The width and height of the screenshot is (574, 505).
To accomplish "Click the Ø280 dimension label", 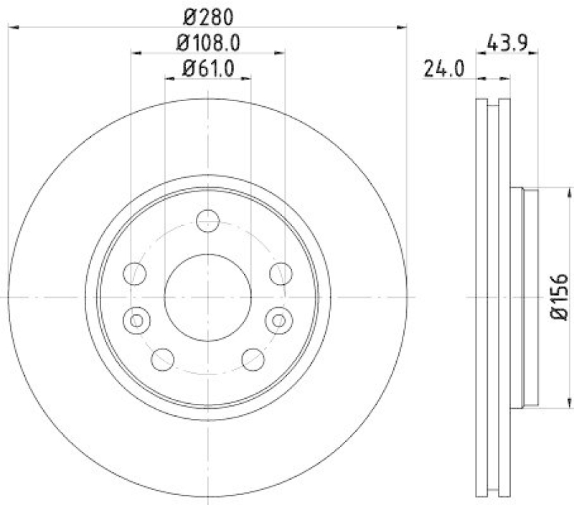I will click(x=207, y=15).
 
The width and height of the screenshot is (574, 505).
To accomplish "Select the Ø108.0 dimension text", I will click(x=207, y=42).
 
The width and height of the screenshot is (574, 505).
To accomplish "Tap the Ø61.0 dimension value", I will click(x=207, y=69).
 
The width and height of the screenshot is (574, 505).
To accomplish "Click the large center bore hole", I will click(x=207, y=296).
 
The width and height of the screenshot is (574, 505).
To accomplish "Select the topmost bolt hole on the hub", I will click(x=207, y=220).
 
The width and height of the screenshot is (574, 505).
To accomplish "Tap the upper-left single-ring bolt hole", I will click(x=135, y=273).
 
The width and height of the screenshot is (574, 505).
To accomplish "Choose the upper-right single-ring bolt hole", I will click(x=281, y=273).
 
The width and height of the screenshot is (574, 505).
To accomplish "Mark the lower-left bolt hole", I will click(x=163, y=358).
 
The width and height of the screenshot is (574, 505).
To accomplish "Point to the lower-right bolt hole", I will click(x=253, y=358).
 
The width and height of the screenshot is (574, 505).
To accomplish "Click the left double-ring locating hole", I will click(x=135, y=318).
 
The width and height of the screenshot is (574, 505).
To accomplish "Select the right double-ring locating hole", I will click(x=280, y=318).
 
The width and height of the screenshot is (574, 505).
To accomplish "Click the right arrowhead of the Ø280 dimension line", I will click(x=402, y=27).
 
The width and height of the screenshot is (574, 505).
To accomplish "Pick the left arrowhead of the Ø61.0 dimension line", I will click(x=169, y=79).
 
